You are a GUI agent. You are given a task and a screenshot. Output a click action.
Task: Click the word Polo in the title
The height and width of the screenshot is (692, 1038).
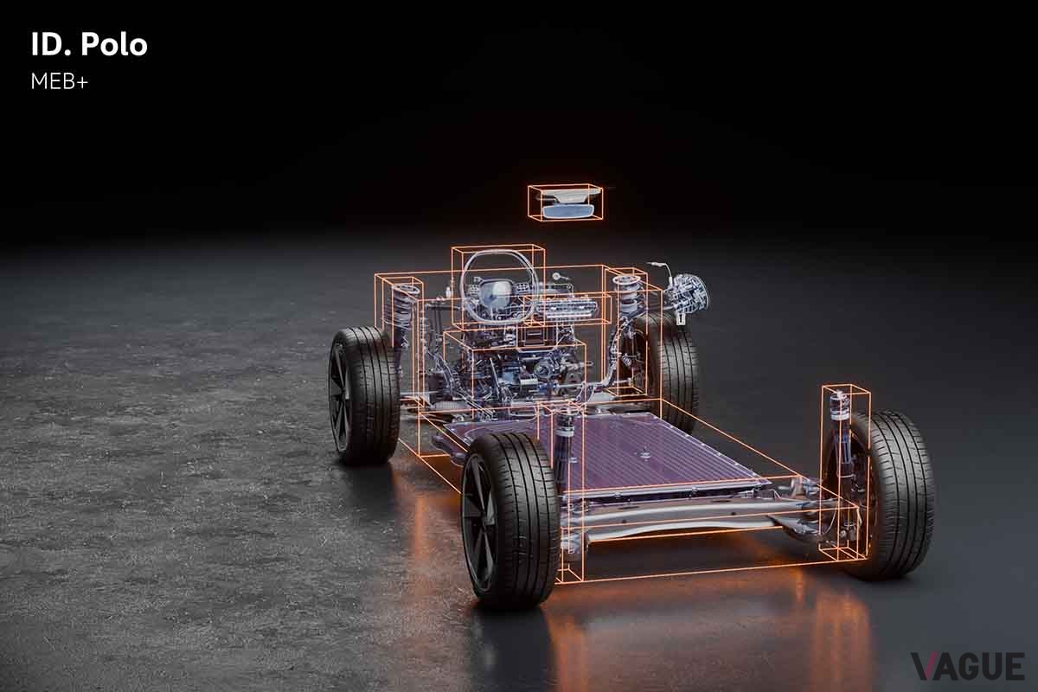tap(114, 46)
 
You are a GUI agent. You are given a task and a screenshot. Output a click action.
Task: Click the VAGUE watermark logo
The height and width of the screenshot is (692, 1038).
tap(967, 666)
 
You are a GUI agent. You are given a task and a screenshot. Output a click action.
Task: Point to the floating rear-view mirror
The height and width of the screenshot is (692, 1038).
tap(567, 206)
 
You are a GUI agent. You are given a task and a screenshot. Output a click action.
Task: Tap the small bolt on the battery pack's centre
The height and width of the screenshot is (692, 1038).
tap(645, 451)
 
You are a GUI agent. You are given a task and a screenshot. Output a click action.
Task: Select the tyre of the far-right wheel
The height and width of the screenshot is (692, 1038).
tap(900, 493)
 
